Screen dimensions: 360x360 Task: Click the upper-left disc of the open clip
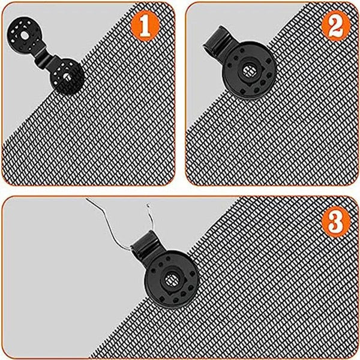point(25,37)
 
